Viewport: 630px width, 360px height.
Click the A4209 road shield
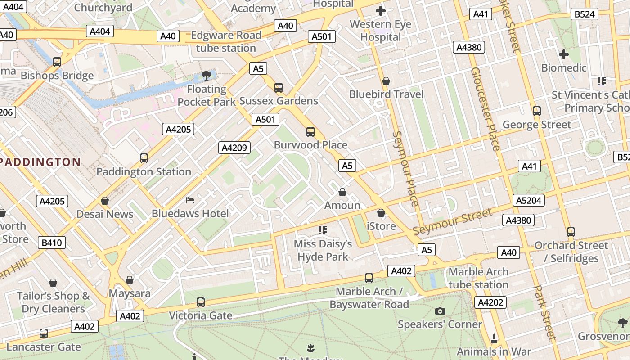pos(234,147)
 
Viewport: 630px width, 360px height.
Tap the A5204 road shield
pos(528,200)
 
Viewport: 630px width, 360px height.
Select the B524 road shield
pos(585,14)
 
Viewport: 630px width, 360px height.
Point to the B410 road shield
pos(52,243)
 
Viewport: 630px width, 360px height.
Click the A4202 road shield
pos(490,302)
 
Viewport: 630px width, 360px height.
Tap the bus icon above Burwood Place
pos(310,131)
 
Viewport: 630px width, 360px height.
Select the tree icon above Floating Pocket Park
pos(207,75)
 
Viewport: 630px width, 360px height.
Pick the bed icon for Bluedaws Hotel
pos(190,200)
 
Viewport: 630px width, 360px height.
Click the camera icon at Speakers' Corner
pos(440,311)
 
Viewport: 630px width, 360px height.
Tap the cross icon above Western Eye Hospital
pos(381,11)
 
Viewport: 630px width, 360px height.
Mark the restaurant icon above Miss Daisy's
pos(323,230)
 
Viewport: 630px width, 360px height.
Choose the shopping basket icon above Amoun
pos(342,192)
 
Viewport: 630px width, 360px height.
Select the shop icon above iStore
pos(381,213)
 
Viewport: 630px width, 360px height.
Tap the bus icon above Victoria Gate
pos(201,302)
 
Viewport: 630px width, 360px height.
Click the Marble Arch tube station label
pos(478,278)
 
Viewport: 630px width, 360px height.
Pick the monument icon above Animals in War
pos(494,338)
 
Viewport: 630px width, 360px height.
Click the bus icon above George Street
pos(536,111)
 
